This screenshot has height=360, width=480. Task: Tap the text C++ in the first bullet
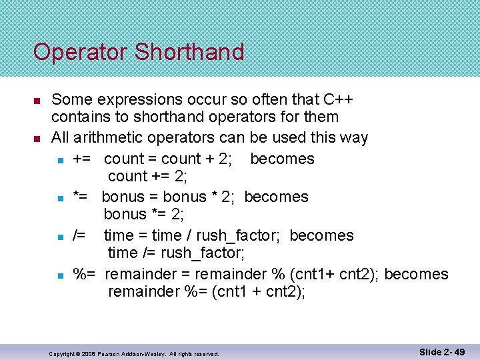[x=337, y=99]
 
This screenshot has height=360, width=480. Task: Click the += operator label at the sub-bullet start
[x=83, y=159]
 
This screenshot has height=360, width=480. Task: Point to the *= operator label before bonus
[x=81, y=197]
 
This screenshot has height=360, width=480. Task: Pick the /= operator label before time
[x=79, y=235]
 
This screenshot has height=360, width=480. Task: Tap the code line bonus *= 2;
[x=143, y=214]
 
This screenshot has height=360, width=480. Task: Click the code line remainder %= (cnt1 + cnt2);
[x=207, y=291]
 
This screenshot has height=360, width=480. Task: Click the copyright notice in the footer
[x=134, y=353]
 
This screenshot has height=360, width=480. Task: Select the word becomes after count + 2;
[x=282, y=159]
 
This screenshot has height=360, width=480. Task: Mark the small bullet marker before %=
[x=60, y=275]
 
